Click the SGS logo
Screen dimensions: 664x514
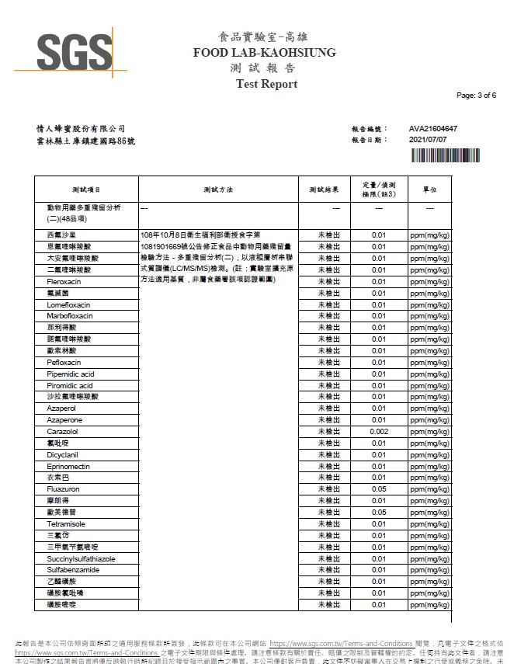[x=75, y=52]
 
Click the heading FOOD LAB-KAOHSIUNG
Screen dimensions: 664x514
[x=265, y=53]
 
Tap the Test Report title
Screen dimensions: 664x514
[x=266, y=84]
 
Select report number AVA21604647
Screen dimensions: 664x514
[x=432, y=128]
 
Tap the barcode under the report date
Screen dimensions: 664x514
[x=443, y=154]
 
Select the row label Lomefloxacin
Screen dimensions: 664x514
[x=69, y=304]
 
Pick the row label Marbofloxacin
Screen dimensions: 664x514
[x=69, y=316]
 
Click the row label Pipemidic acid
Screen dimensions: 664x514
[x=70, y=374]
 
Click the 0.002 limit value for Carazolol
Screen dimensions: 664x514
[x=379, y=431]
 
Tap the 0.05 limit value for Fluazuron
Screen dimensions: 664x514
[x=379, y=489]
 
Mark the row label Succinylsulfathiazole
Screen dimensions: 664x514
[x=81, y=558]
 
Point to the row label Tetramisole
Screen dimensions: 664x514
[x=65, y=524]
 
